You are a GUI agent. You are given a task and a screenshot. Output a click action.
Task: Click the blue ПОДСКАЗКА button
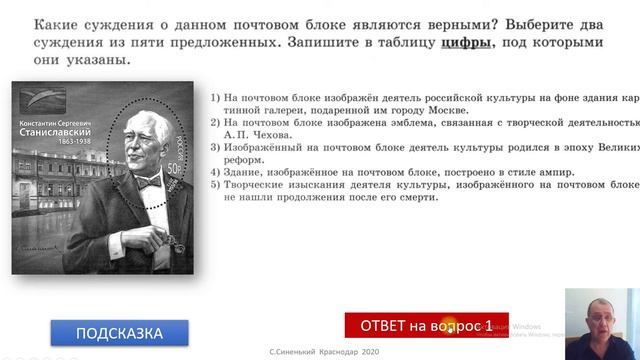click(119, 333)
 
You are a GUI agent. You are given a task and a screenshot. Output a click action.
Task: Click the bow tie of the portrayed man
click(148, 183)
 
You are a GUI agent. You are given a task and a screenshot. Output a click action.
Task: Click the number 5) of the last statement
click(217, 184)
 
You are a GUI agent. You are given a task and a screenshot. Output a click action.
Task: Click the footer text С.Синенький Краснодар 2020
click(325, 352)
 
